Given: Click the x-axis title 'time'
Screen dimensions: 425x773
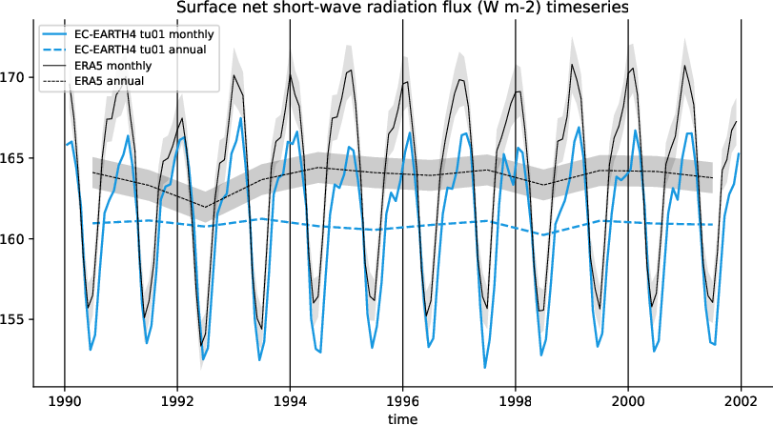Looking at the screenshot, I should (x=402, y=417).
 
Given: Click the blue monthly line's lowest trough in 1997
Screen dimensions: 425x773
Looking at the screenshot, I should (x=484, y=367).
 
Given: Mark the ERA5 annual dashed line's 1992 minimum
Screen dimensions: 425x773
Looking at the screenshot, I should (x=204, y=207).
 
